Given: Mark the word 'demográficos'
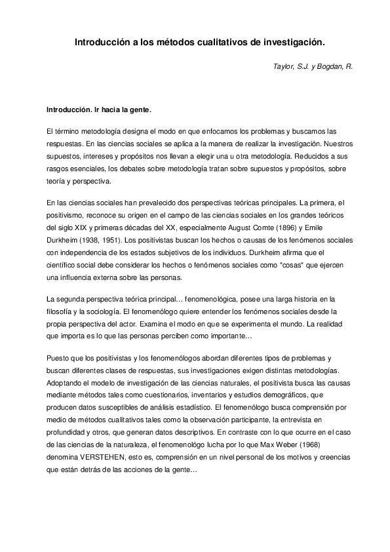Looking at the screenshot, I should tap(280, 392).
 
